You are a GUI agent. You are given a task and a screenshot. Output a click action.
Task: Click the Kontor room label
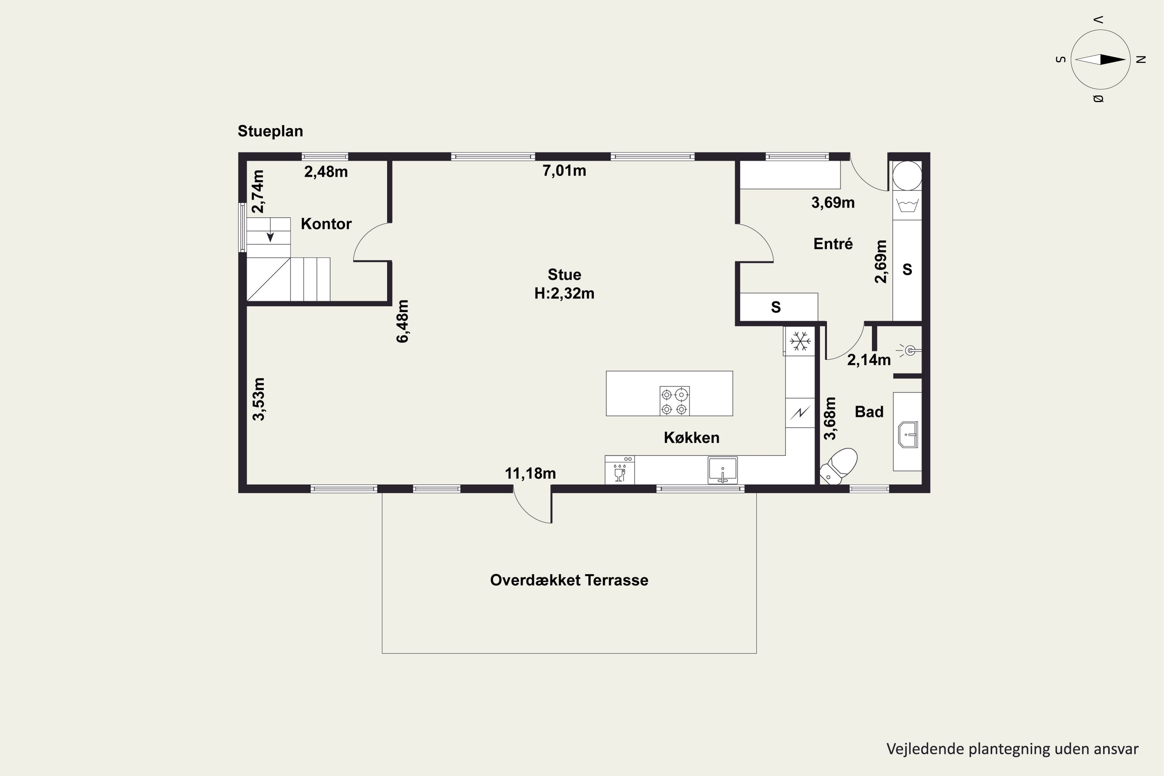click(x=326, y=224)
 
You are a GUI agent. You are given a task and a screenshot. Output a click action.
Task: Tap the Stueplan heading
click(x=270, y=131)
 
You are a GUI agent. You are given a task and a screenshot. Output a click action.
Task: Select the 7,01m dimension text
click(x=564, y=171)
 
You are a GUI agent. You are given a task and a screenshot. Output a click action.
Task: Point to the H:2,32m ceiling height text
click(x=564, y=293)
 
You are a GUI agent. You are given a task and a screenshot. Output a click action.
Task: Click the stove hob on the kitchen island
click(x=675, y=401)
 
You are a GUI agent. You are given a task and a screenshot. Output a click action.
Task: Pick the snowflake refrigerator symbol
click(x=800, y=341)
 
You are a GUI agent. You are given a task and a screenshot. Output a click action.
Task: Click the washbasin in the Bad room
click(x=908, y=435)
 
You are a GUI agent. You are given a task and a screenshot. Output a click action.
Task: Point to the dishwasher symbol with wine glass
click(x=620, y=470)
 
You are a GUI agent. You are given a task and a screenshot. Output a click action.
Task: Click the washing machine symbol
click(x=907, y=205)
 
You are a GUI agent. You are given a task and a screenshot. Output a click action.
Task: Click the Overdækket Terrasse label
click(x=569, y=580)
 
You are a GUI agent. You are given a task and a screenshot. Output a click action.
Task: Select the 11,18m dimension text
click(x=530, y=474)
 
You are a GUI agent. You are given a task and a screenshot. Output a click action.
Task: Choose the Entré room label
click(x=833, y=244)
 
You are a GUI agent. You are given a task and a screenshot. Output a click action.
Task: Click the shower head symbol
click(x=909, y=350)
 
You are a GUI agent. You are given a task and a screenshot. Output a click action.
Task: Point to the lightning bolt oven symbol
click(x=800, y=412)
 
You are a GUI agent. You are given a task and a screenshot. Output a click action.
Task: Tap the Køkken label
click(x=691, y=438)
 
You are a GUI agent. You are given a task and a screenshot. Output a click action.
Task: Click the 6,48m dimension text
click(x=403, y=321)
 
